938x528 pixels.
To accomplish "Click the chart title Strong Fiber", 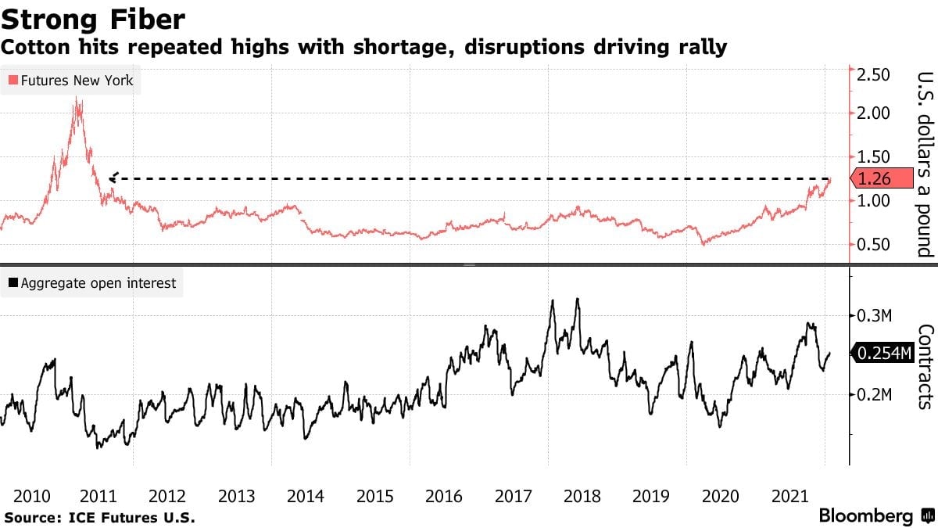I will [95, 16].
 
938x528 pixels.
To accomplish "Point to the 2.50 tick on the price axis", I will [874, 75].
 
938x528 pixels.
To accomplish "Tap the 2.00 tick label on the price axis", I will [874, 113].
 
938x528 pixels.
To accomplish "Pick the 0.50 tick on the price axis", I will [874, 245].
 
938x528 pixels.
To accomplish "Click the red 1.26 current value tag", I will [884, 179].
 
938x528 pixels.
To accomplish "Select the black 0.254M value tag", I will [883, 354].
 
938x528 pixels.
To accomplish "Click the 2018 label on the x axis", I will [582, 496].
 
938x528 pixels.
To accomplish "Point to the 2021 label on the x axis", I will [789, 496].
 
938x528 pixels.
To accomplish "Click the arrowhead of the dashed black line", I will [113, 178].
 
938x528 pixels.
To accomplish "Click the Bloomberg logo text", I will [865, 516].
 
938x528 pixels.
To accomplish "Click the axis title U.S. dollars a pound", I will [924, 164].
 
